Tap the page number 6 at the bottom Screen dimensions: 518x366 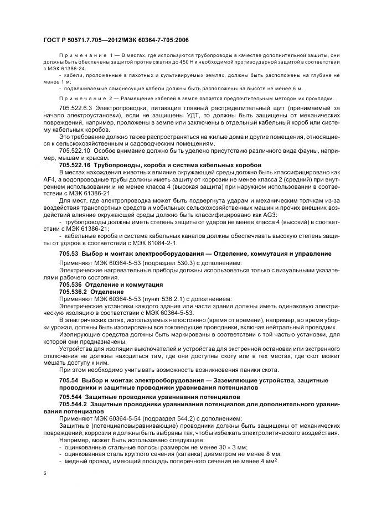pyautogui.click(x=44, y=473)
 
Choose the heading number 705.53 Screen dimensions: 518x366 pyautogui.click(x=69, y=253)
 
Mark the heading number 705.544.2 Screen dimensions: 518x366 pyautogui.click(x=74, y=404)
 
